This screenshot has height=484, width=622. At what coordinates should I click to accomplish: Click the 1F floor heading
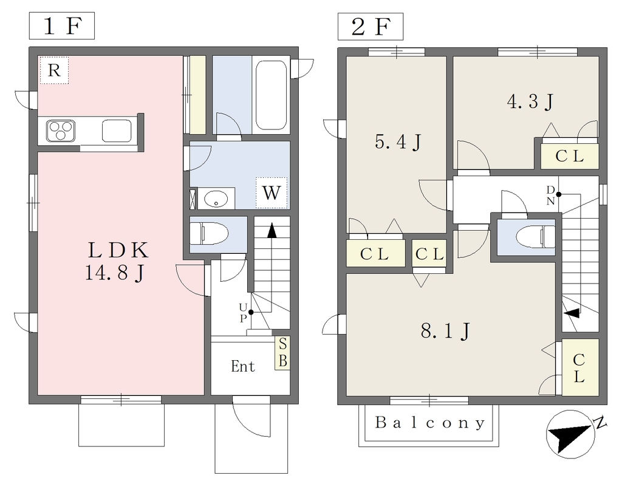coord(62,26)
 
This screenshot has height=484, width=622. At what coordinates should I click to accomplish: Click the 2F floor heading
coord(371,27)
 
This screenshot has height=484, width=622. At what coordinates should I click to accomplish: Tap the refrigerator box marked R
coord(54,70)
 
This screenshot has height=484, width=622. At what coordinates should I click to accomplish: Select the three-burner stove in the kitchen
coord(60,131)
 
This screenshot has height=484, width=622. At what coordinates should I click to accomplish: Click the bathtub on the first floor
coord(271,95)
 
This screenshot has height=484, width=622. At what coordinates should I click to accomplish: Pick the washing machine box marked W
coord(272,193)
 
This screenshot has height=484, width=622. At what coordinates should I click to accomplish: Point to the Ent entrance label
coord(243,366)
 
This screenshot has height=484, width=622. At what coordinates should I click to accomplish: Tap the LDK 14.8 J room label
coord(117,262)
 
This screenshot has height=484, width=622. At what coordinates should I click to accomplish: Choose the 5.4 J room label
coord(397,141)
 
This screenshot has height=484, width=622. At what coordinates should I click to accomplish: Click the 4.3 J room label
coord(530,101)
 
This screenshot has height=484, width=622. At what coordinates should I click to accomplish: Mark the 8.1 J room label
coord(445,331)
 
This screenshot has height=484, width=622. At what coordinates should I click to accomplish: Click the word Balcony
coord(430,423)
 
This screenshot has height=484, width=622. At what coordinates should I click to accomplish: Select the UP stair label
coord(243,313)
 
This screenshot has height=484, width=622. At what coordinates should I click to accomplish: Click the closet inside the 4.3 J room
coord(570,156)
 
